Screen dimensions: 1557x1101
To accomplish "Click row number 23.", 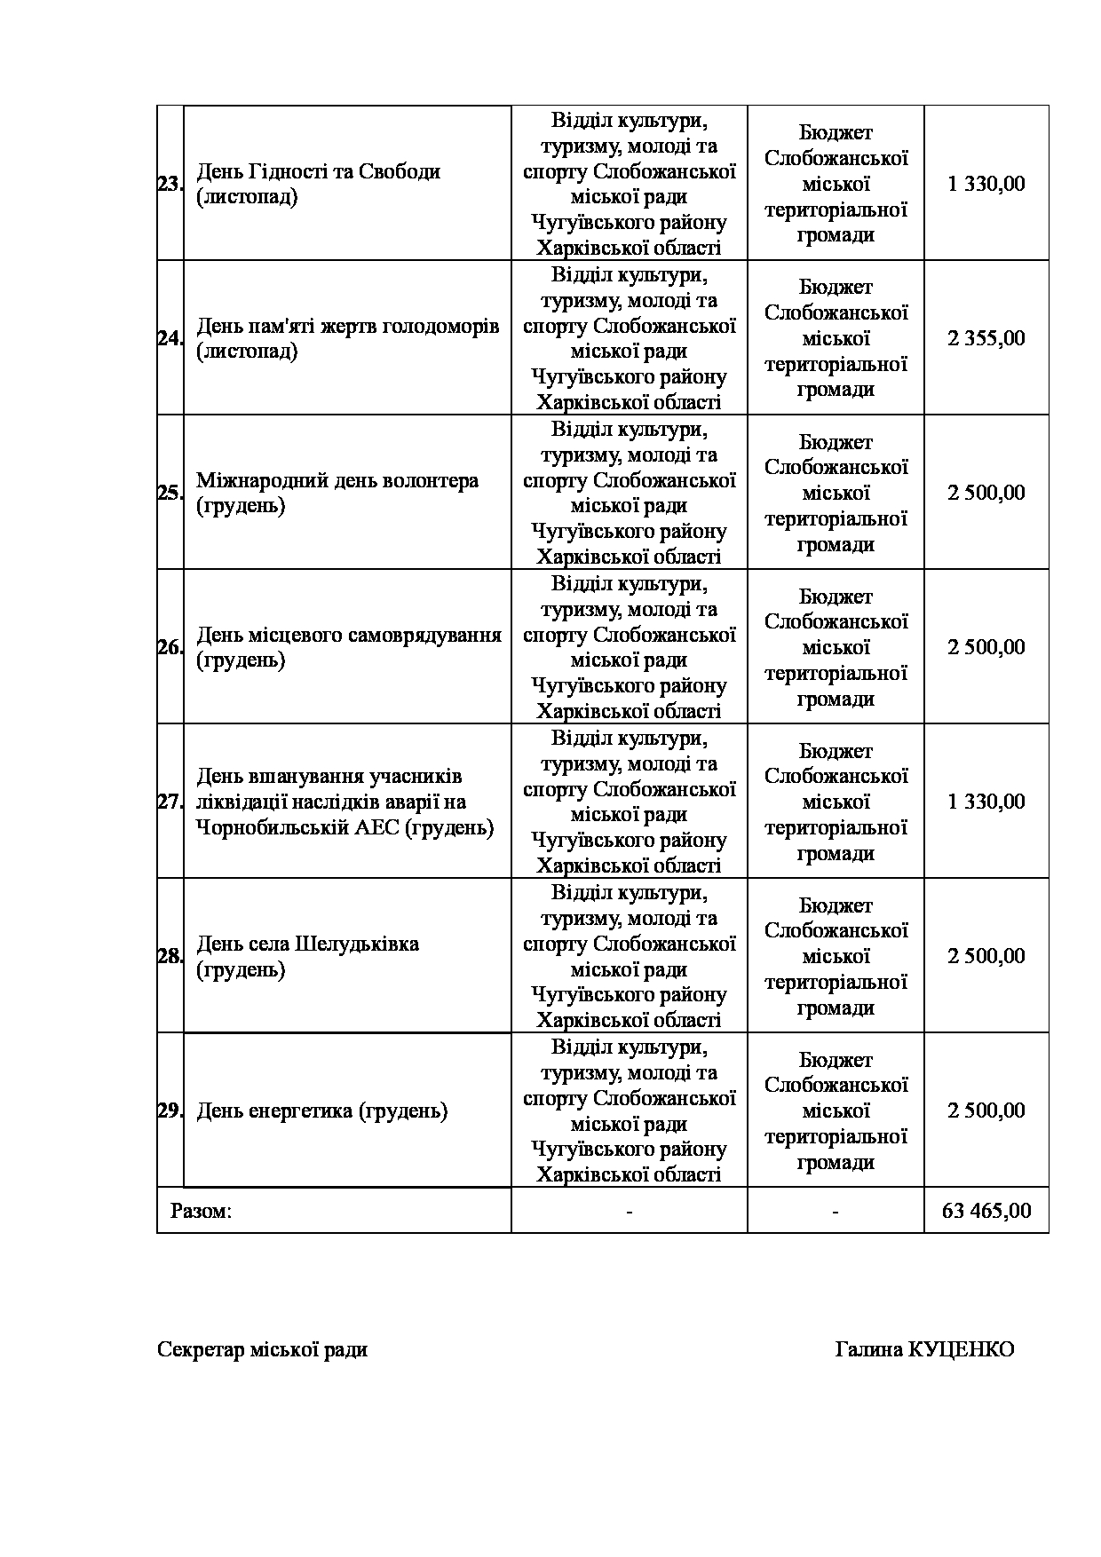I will [170, 185].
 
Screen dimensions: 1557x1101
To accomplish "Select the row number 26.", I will [170, 648].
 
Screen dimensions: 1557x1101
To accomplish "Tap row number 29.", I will [170, 1111].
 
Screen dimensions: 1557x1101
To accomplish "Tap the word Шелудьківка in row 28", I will [357, 944].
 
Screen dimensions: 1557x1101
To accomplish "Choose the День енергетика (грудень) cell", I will [321, 1111].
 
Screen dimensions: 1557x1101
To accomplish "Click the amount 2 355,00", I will [986, 339].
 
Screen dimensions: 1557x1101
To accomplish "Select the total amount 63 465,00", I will [986, 1211].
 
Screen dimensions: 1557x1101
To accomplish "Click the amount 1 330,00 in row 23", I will [986, 185].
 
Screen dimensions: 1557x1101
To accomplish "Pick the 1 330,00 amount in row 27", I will [986, 802].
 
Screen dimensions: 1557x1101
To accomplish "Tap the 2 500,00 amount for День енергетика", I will [986, 1111].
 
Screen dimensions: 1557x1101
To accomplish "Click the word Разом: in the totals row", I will [201, 1211].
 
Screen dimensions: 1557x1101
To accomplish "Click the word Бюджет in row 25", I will [836, 442].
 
